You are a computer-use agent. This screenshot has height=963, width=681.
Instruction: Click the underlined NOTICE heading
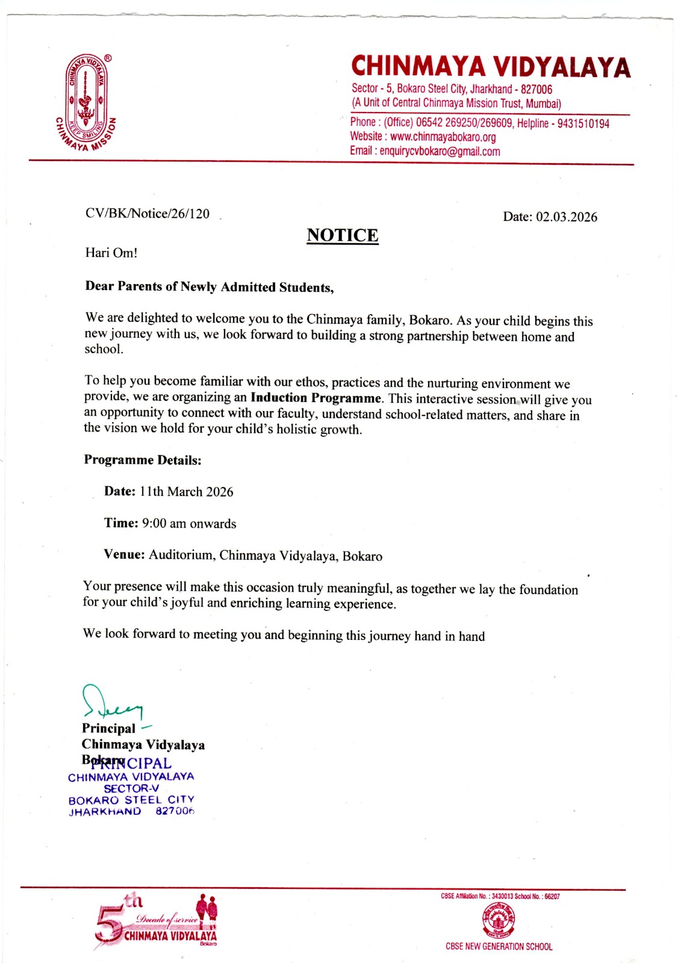pos(343,235)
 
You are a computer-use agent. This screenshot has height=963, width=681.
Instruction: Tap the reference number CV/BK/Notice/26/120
pos(148,214)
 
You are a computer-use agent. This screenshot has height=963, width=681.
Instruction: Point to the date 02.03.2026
pos(567,217)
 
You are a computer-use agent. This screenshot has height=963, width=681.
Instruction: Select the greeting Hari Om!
pos(111,253)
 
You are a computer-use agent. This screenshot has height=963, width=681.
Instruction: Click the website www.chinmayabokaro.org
pos(443,137)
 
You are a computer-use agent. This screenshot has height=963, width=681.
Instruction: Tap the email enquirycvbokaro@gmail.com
pos(440,151)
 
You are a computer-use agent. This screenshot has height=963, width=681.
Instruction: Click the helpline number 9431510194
pos(583,123)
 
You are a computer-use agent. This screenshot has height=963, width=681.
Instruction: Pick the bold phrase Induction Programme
pos(316,398)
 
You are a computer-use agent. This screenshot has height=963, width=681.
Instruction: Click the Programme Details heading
pos(143,460)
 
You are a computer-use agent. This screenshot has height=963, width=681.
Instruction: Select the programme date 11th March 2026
pos(186,492)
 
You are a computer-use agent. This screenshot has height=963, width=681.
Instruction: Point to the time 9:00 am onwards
pos(189,524)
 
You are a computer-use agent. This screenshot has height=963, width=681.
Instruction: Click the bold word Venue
pos(123,554)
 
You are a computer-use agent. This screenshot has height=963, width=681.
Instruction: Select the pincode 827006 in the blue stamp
pos(175,811)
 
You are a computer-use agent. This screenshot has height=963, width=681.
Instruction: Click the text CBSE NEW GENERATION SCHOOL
pos(499,947)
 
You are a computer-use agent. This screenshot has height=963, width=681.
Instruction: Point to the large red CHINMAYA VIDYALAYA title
pos(491,67)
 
